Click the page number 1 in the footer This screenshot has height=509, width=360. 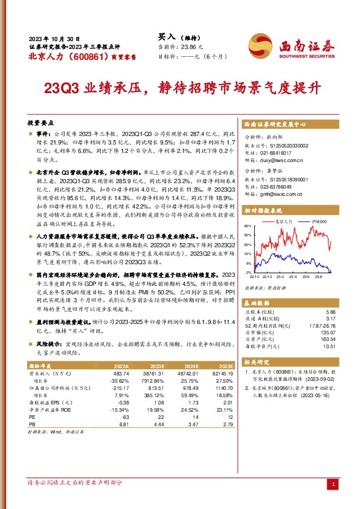pyautogui.click(x=334, y=485)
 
